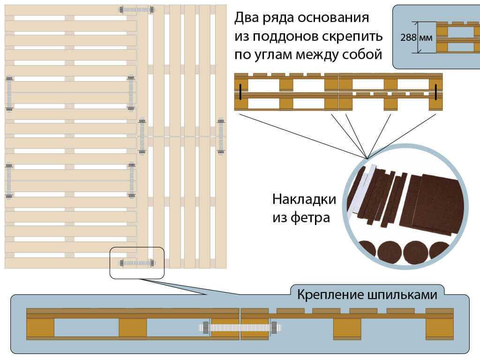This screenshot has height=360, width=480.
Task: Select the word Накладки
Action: click(304, 199)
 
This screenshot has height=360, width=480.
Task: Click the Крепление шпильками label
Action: click(367, 295)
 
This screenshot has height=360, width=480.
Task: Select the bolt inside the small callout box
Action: click(137, 263)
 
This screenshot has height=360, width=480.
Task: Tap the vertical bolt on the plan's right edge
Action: click(221, 136)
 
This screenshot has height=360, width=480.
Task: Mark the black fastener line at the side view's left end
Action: click(240, 91)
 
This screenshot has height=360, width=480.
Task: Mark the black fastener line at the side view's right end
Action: click(435, 91)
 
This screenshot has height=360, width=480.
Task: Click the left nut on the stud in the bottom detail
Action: click(205, 328)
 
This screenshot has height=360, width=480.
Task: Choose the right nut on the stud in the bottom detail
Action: click(274, 328)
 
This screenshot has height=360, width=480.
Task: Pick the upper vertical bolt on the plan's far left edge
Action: click(9, 93)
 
